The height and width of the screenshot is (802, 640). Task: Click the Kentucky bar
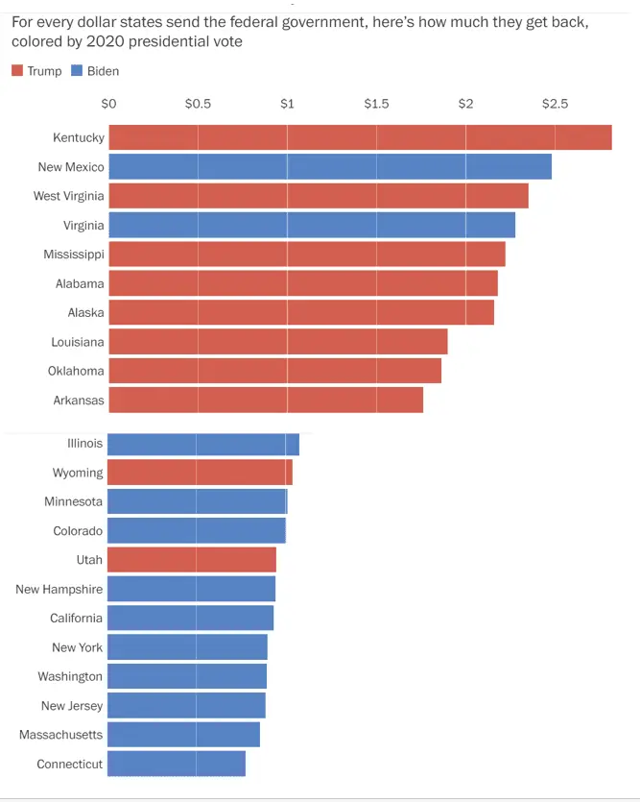coord(360,137)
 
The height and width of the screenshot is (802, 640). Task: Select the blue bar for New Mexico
coord(330,166)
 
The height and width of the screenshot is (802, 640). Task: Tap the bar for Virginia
coord(312,225)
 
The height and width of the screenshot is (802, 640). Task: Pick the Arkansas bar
coord(266,400)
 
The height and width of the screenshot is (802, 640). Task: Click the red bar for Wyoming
coord(200,473)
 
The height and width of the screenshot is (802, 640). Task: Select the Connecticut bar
coord(177,764)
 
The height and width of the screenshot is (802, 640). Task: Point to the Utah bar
coord(192,560)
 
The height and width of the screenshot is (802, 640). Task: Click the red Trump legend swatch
coord(17,71)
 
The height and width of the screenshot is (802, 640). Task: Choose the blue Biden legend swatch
coord(77,71)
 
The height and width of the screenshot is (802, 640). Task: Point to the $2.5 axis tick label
coord(556,104)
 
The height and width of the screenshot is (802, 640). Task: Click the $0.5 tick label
coord(198,104)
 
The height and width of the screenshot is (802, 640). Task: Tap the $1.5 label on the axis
coord(376,104)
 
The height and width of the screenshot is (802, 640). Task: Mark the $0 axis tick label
coord(108,104)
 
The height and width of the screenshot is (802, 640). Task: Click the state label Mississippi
coord(73,255)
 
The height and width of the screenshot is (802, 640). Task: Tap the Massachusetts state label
coord(60,735)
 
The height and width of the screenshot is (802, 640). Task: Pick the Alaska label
coord(85,312)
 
